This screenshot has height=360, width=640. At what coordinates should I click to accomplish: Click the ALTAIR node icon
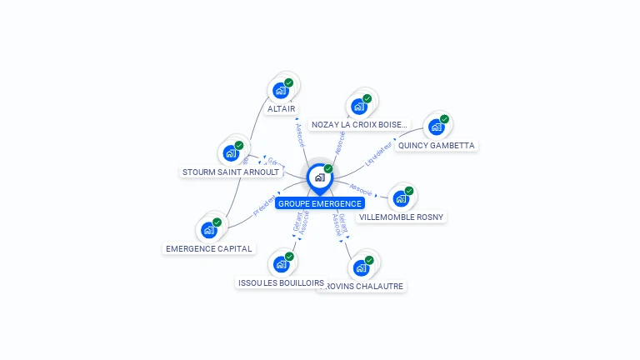pos(281,90)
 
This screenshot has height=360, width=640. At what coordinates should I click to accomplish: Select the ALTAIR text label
pos(282,108)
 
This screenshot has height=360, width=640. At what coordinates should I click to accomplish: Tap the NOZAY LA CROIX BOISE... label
pos(360,125)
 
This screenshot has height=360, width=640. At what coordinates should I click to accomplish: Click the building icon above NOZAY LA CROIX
pos(359,106)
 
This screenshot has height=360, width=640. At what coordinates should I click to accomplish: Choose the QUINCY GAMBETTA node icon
pos(436,127)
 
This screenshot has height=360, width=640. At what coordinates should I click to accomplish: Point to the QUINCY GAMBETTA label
pos(437,145)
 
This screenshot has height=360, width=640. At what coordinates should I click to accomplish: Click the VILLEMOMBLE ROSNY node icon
pos(401,198)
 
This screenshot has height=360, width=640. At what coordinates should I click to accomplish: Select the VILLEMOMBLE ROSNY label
pos(402,217)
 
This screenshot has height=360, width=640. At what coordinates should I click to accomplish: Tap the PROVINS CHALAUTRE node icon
pos(361,267)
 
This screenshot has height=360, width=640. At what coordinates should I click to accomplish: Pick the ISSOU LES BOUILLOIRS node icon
pos(281,264)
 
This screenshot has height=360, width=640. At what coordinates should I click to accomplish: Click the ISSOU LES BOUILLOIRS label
pos(281,282)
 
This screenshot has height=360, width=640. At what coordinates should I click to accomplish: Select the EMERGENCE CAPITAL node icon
pos(208,230)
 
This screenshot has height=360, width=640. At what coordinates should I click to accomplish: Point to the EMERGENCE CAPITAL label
pos(209,248)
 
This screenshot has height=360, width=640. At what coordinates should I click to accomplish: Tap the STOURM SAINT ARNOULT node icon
pos(231,153)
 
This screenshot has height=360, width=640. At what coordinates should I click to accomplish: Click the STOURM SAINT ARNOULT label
pos(232,172)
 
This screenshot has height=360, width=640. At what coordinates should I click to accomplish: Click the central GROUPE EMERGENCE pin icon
pos(319,177)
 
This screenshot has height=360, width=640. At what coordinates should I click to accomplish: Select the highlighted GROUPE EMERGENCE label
pos(320,203)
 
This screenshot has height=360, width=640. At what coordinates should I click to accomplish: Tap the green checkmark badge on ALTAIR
pos(288,82)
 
